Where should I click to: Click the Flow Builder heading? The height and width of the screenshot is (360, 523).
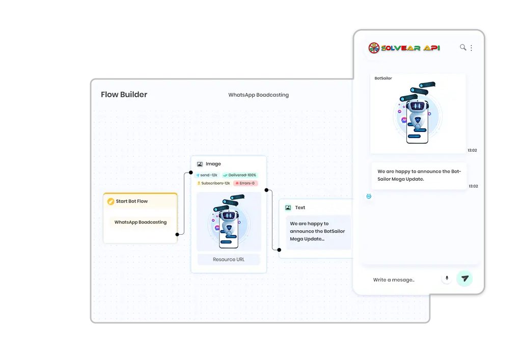click(124, 95)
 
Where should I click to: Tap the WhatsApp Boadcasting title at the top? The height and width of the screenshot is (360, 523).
click(258, 95)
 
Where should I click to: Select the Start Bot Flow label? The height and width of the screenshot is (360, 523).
click(131, 201)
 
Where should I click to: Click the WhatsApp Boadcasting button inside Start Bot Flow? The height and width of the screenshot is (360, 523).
click(141, 222)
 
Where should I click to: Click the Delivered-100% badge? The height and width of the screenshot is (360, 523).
click(239, 175)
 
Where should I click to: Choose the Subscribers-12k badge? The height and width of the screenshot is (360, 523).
click(213, 183)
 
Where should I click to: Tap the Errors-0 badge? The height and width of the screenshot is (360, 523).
click(245, 183)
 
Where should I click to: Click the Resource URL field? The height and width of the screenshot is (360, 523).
click(228, 259)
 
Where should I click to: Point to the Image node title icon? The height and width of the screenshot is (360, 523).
click(200, 164)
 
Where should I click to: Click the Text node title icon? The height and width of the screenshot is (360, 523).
click(288, 208)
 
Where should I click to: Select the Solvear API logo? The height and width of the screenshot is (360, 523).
click(404, 48)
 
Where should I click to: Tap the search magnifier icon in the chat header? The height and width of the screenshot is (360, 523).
click(463, 47)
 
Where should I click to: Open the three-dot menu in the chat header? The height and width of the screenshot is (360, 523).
click(471, 48)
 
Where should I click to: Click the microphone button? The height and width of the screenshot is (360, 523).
click(447, 279)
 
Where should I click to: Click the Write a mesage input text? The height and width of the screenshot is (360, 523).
click(394, 280)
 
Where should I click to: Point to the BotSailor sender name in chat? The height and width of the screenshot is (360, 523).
click(383, 78)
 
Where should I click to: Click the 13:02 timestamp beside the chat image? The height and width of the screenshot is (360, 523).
click(473, 150)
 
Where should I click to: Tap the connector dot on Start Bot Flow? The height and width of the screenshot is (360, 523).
click(177, 234)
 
